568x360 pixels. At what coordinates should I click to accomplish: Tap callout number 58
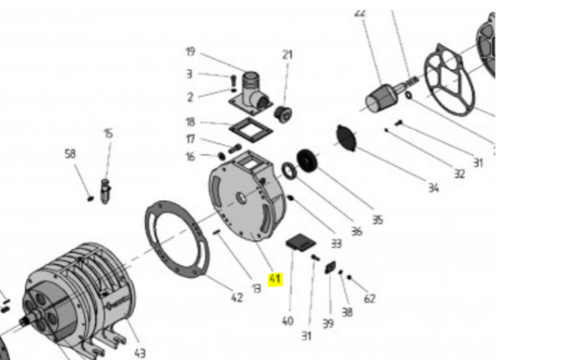point(70,153)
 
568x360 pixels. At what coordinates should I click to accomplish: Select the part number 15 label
point(108,133)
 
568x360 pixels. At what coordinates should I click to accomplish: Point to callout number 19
point(190,52)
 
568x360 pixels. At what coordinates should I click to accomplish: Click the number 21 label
point(287,55)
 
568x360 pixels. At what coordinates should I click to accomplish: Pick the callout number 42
point(237,297)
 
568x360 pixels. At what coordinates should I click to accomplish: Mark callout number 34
point(433,188)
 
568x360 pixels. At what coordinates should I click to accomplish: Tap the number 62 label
point(369,298)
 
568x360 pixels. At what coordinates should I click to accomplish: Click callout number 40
point(287,320)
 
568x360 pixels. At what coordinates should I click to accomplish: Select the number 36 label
point(356,231)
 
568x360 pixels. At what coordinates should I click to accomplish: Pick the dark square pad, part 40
point(299,243)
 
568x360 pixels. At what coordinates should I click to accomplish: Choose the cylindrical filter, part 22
point(380,98)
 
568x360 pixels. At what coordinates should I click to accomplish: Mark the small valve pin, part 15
point(106,189)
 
